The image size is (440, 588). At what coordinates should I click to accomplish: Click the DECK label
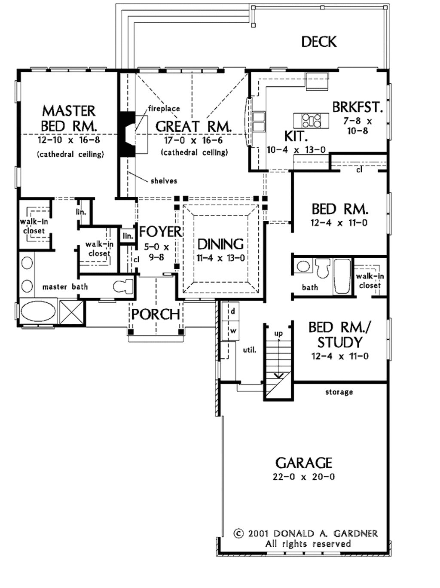319,42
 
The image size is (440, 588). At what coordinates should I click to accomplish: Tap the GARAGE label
304,463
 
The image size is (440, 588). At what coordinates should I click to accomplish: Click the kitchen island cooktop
311,120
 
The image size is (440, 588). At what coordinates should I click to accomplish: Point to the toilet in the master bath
123,286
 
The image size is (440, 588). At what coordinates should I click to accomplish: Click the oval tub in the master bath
38,313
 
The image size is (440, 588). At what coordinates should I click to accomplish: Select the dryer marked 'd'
232,311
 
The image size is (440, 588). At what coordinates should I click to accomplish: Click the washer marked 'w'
233,331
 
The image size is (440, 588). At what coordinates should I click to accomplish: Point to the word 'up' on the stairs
278,334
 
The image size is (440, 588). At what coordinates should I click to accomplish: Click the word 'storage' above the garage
339,393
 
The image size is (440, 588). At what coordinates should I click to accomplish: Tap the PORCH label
156,314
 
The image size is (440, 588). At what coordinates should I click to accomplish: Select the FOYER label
160,232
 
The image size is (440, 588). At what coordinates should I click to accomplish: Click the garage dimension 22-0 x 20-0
304,477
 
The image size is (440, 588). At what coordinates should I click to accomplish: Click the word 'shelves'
164,181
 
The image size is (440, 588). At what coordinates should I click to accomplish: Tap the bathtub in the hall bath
342,277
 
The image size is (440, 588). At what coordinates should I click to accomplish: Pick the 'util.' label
250,350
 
